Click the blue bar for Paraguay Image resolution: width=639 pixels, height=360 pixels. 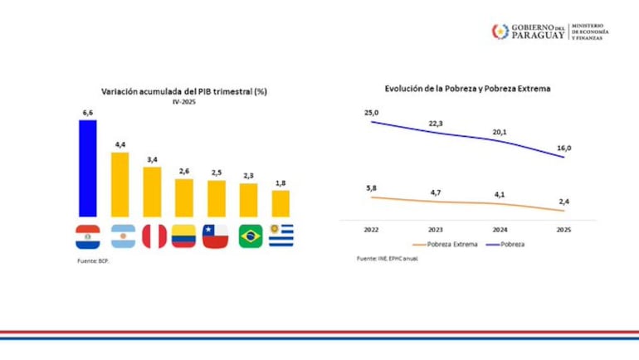(x=87, y=168)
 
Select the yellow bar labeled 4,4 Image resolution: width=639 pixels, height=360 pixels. (x=120, y=184)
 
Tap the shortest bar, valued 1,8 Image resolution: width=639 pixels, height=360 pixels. (x=280, y=203)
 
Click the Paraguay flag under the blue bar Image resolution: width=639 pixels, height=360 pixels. (x=87, y=236)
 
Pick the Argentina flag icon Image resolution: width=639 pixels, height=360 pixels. (x=120, y=236)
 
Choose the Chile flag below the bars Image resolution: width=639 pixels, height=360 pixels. (x=216, y=236)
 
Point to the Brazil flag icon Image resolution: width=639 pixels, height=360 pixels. (x=250, y=236)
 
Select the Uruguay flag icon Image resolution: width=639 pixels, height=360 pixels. (x=280, y=236)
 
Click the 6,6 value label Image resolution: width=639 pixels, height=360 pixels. (x=87, y=112)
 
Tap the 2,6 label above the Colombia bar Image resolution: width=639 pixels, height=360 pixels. (x=183, y=170)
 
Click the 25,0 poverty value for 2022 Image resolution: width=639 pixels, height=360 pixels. (x=370, y=112)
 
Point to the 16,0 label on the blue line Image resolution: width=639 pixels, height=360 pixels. (x=563, y=148)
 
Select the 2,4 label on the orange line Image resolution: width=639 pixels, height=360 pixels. (x=563, y=200)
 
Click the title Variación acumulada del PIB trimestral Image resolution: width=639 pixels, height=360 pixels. (x=183, y=90)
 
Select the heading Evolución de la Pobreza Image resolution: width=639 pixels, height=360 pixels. (x=467, y=87)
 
